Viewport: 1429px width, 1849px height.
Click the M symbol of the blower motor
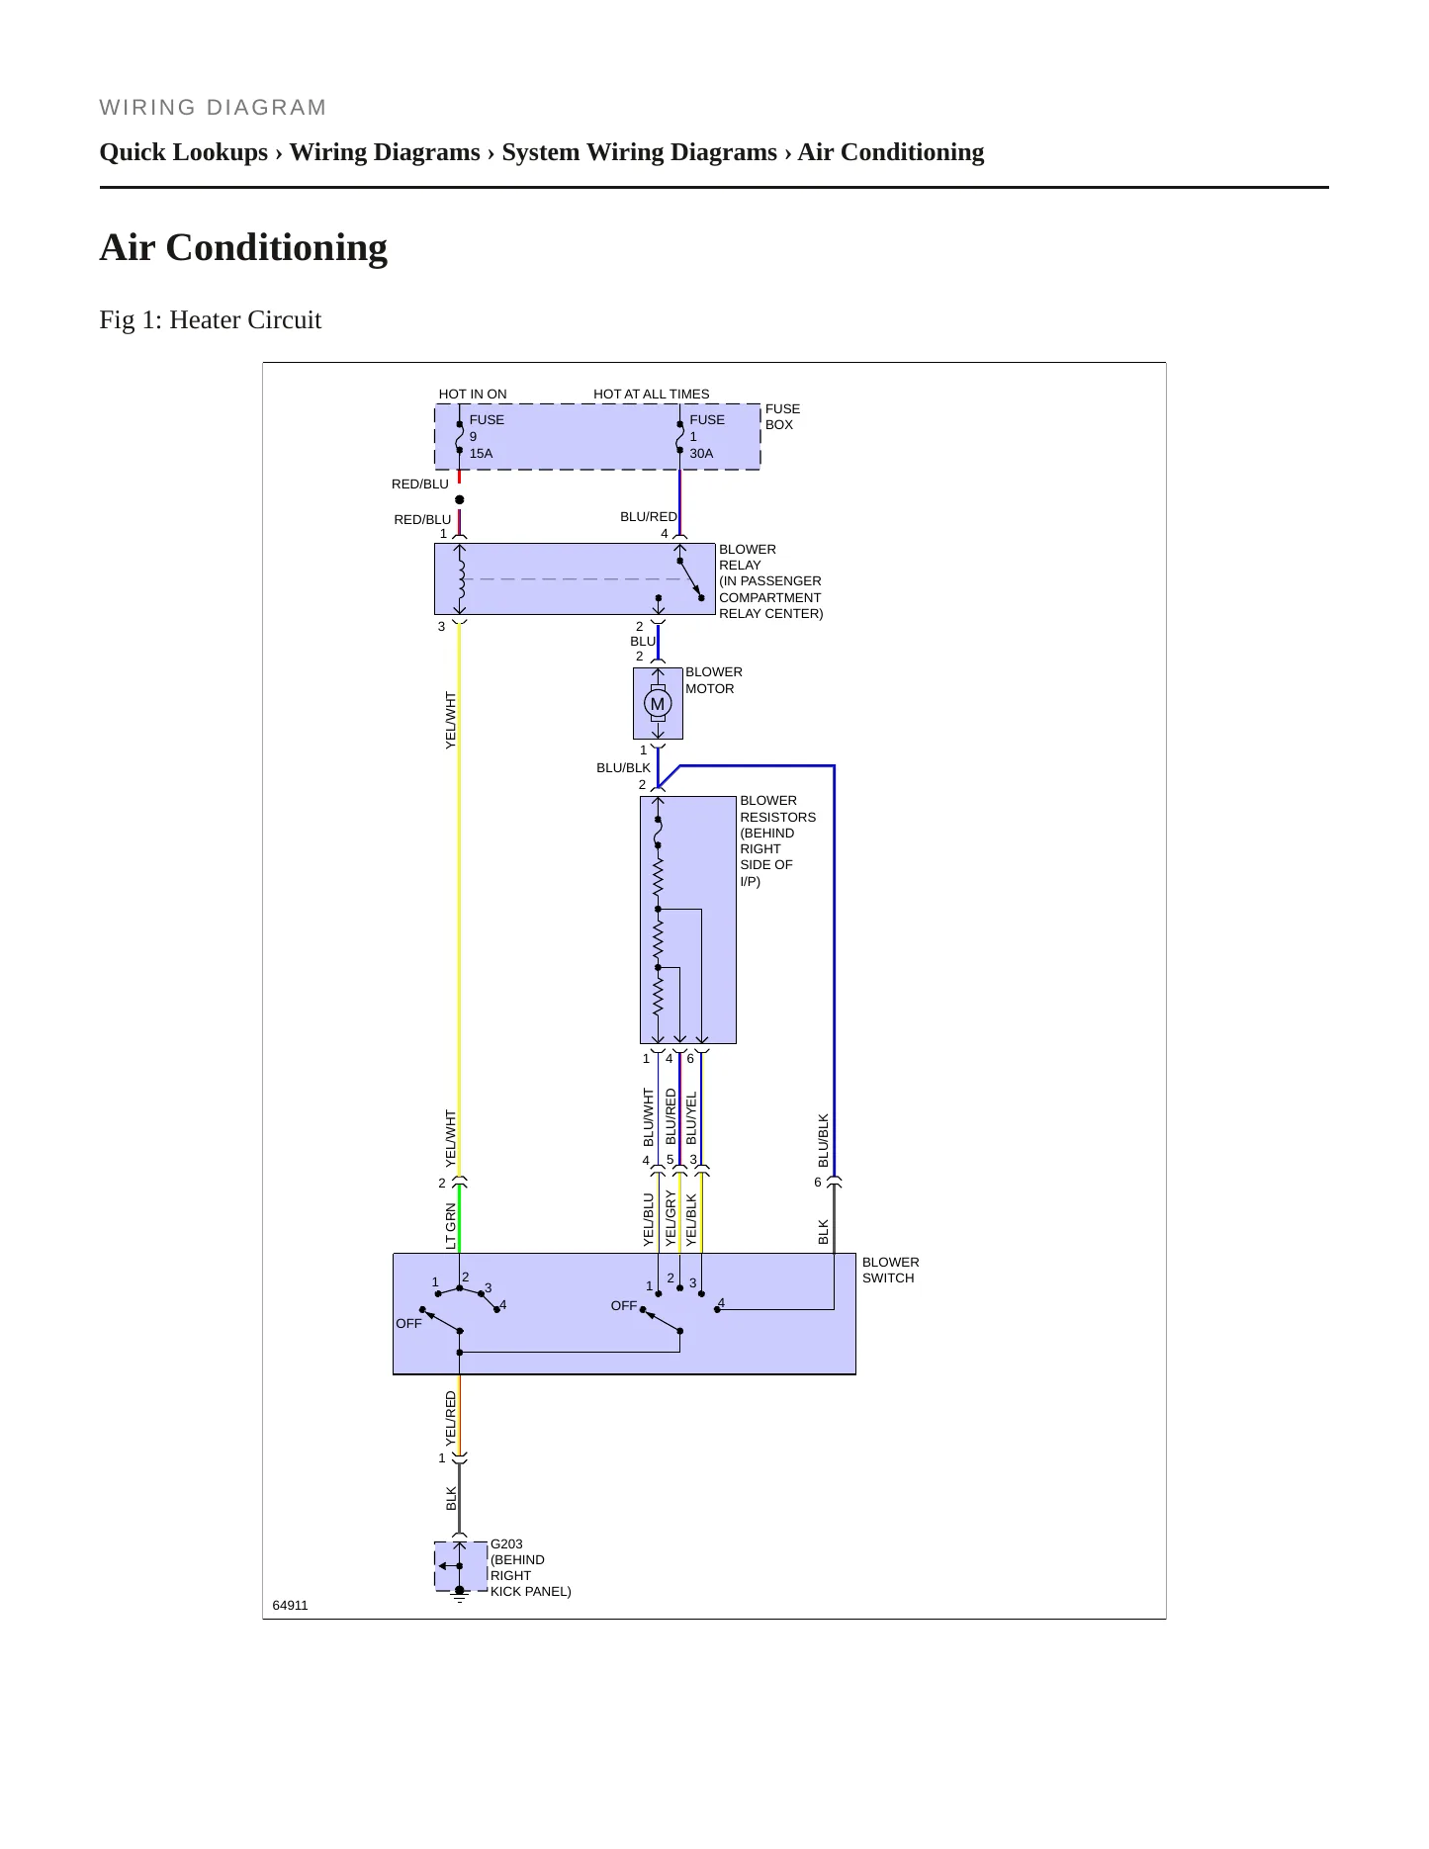click(x=658, y=704)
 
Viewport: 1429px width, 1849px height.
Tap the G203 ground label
click(x=506, y=1543)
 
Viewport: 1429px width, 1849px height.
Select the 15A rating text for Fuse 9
click(x=481, y=453)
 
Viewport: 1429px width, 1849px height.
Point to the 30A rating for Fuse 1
click(x=701, y=453)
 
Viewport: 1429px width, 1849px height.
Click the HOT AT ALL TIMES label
click(x=652, y=394)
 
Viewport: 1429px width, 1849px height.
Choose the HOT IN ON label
click(x=473, y=394)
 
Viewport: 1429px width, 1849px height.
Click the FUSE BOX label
click(x=782, y=416)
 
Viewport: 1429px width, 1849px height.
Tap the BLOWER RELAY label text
click(x=748, y=557)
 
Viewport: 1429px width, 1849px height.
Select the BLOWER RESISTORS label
click(x=778, y=809)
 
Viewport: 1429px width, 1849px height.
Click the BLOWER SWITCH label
click(x=890, y=1270)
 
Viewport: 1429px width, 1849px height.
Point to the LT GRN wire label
click(x=451, y=1226)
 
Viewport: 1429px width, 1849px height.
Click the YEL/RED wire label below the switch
click(x=451, y=1419)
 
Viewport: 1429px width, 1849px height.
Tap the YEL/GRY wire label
click(x=670, y=1218)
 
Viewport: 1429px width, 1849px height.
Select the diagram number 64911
click(x=290, y=1605)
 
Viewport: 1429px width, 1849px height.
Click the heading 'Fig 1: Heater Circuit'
click(x=211, y=319)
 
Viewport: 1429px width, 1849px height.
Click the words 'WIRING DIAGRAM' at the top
click(x=214, y=108)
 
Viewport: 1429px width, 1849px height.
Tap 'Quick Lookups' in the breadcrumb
click(x=184, y=152)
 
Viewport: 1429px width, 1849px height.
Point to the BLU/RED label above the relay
click(x=649, y=516)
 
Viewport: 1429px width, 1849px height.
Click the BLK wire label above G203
click(x=451, y=1498)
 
